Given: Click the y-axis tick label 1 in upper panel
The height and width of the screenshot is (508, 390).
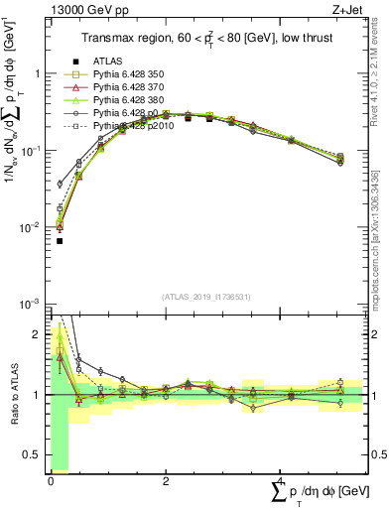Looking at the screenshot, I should pyautogui.click(x=37, y=73).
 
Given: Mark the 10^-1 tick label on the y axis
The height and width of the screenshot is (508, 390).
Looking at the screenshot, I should pyautogui.click(x=31, y=150).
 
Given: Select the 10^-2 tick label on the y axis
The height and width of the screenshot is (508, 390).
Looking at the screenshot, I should pyautogui.click(x=31, y=226).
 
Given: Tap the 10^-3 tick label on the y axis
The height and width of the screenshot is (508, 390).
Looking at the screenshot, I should pyautogui.click(x=31, y=303).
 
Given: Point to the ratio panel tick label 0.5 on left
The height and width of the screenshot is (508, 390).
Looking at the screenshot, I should pyautogui.click(x=32, y=455).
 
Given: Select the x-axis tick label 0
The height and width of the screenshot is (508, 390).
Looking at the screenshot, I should pyautogui.click(x=51, y=481).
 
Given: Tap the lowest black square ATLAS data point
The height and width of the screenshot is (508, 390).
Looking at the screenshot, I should pyautogui.click(x=60, y=241).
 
